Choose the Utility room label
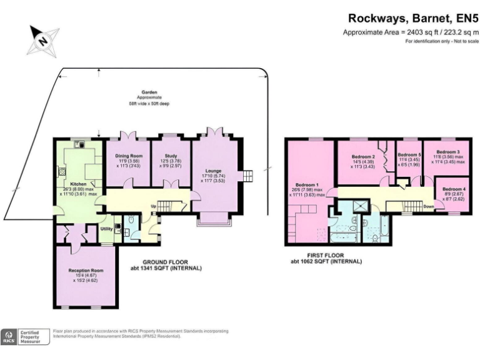pyautogui.click(x=106, y=229)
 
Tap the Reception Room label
pyautogui.click(x=86, y=271)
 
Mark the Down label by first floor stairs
pyautogui.click(x=429, y=206)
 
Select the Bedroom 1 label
pyautogui.click(x=307, y=186)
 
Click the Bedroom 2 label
pyautogui.click(x=362, y=156)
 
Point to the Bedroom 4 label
pyautogui.click(x=454, y=189)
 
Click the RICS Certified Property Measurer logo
pyautogui.click(x=24, y=336)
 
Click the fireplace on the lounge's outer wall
pyautogui.click(x=248, y=176)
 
